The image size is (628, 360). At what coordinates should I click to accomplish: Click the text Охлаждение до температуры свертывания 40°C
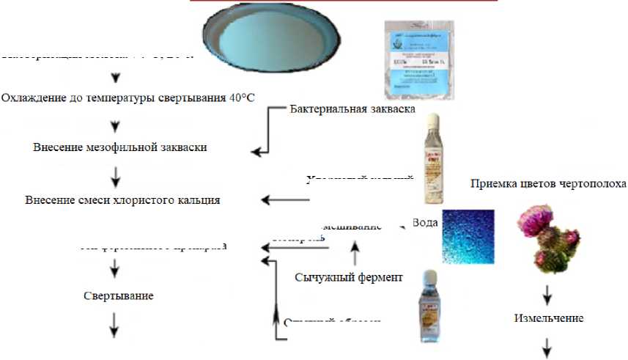[x=128, y=98]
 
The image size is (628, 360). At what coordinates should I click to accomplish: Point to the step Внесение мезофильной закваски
[x=120, y=147]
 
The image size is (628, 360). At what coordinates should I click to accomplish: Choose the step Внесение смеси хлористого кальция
[x=122, y=199]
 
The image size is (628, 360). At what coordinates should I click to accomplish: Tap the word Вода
[x=425, y=222]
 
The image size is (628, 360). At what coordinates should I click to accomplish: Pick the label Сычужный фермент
[x=349, y=277]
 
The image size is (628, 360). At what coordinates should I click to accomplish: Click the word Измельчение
[x=548, y=318]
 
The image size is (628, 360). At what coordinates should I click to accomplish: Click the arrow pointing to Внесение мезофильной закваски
[x=261, y=153]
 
